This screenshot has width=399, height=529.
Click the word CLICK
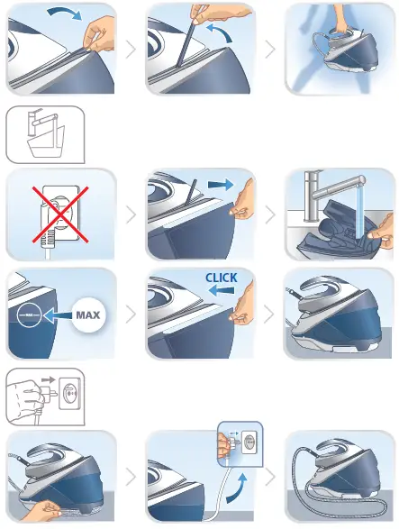pos(221,278)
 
